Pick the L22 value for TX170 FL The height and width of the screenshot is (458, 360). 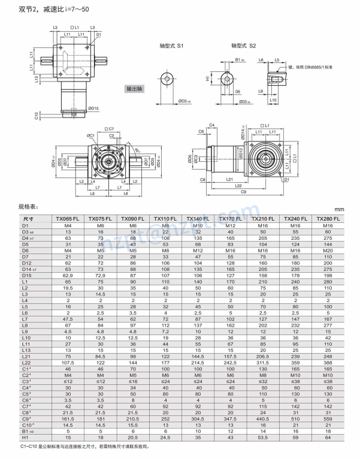(231, 363)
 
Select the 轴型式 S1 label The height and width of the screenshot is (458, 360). (172, 46)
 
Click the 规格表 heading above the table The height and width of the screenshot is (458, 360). (28, 208)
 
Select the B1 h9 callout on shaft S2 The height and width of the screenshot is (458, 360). (239, 60)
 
